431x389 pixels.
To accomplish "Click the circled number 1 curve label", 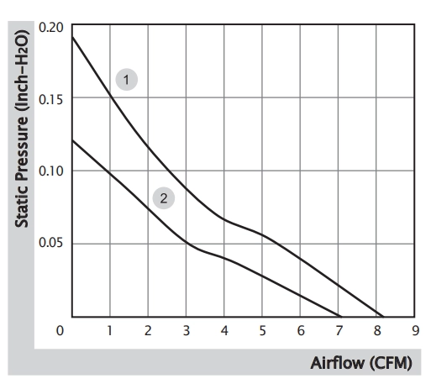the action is click(127, 80).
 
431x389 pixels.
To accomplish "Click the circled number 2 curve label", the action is click(164, 198).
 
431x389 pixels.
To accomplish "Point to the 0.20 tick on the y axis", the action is click(51, 28).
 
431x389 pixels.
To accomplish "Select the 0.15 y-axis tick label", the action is click(51, 100).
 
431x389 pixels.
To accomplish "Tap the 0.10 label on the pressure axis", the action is click(51, 171).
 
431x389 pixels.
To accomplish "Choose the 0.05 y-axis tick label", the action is click(51, 243).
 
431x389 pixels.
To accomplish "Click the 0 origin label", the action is click(60, 331).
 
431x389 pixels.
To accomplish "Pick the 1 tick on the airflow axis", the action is click(109, 331).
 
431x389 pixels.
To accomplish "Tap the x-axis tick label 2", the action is click(148, 331).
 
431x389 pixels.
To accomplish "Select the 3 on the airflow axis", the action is click(187, 331).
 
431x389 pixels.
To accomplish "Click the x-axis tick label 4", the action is click(224, 331).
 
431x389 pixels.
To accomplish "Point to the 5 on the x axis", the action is click(262, 331).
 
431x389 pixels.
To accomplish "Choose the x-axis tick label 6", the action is click(301, 331).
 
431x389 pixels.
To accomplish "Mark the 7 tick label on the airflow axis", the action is click(339, 331).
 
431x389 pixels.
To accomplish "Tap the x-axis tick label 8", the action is click(377, 331).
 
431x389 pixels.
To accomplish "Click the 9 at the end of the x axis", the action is click(416, 331).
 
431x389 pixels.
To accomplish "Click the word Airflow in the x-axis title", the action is click(337, 363).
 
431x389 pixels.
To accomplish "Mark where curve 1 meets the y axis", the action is click(72, 37).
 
